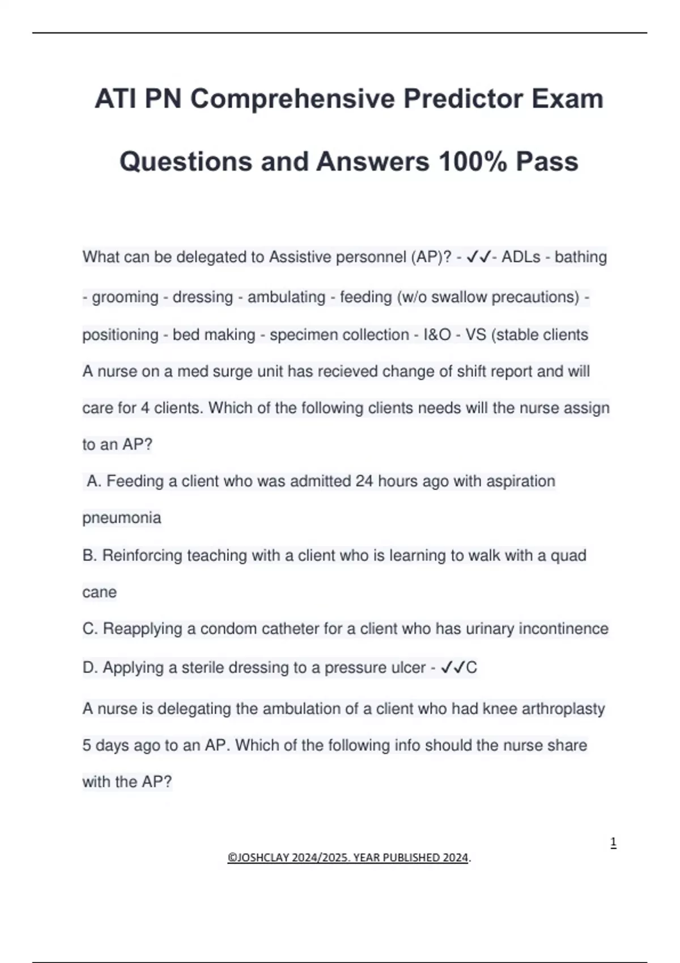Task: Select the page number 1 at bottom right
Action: coord(613,843)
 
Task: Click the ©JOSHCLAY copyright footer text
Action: coord(348,858)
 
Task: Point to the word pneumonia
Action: coord(122,518)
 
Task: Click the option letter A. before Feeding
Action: coord(94,482)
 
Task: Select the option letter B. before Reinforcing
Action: coord(90,555)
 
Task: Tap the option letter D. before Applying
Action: coord(90,668)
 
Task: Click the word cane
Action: coord(99,593)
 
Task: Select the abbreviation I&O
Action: coord(437,335)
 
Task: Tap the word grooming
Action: coord(125,297)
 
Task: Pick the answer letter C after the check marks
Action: coord(471,668)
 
